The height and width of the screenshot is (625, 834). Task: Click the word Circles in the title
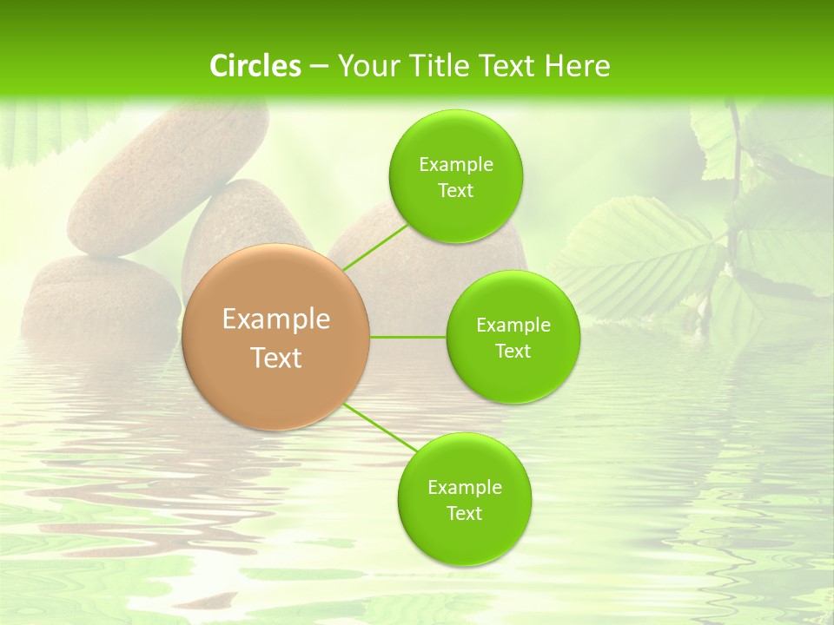click(255, 66)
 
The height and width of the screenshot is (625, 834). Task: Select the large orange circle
click(276, 338)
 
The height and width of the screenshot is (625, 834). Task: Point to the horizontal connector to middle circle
click(407, 337)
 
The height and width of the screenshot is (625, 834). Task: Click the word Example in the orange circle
click(276, 319)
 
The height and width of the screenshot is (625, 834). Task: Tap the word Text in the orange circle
click(276, 358)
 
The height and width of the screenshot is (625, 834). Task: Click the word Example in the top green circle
click(455, 164)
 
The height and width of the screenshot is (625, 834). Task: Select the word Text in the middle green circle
click(513, 351)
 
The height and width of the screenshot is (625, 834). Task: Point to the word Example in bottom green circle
click(464, 487)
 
